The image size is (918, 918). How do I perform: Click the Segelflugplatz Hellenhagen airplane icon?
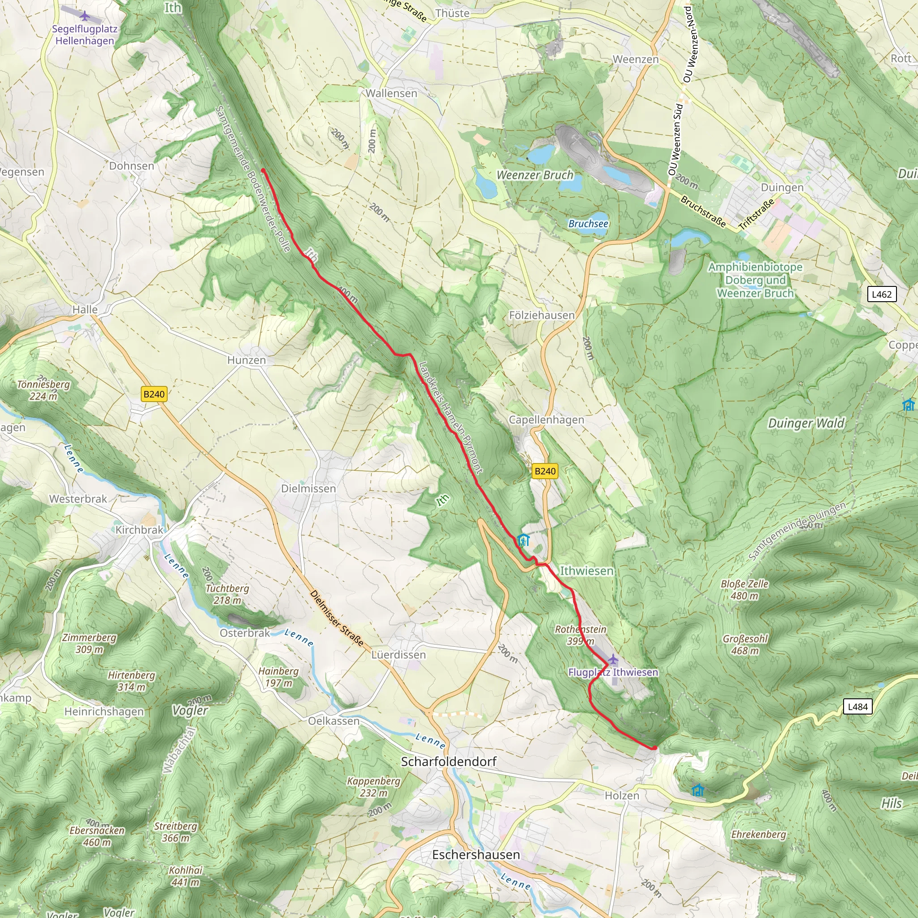[85, 16]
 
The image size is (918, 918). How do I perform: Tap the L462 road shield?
[881, 294]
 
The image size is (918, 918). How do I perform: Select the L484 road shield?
[857, 706]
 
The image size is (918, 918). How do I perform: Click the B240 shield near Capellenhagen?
[545, 471]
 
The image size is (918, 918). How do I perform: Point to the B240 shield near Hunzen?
[154, 394]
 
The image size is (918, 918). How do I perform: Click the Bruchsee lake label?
[588, 223]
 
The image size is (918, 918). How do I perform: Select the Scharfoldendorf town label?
[449, 761]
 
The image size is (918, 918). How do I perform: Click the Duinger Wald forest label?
[806, 423]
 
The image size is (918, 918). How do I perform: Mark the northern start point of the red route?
[263, 170]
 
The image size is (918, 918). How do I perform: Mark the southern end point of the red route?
[654, 748]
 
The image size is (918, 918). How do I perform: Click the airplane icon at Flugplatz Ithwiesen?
[613, 659]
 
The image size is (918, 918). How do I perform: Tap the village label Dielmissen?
[308, 489]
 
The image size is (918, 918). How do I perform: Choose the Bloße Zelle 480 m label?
[744, 590]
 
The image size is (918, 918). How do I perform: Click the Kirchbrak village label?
[139, 530]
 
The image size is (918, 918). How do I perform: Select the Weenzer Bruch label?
[535, 175]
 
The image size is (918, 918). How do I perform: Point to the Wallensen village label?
[391, 93]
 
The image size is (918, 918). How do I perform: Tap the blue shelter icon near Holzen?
[697, 790]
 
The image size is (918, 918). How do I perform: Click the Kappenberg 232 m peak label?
[373, 787]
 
